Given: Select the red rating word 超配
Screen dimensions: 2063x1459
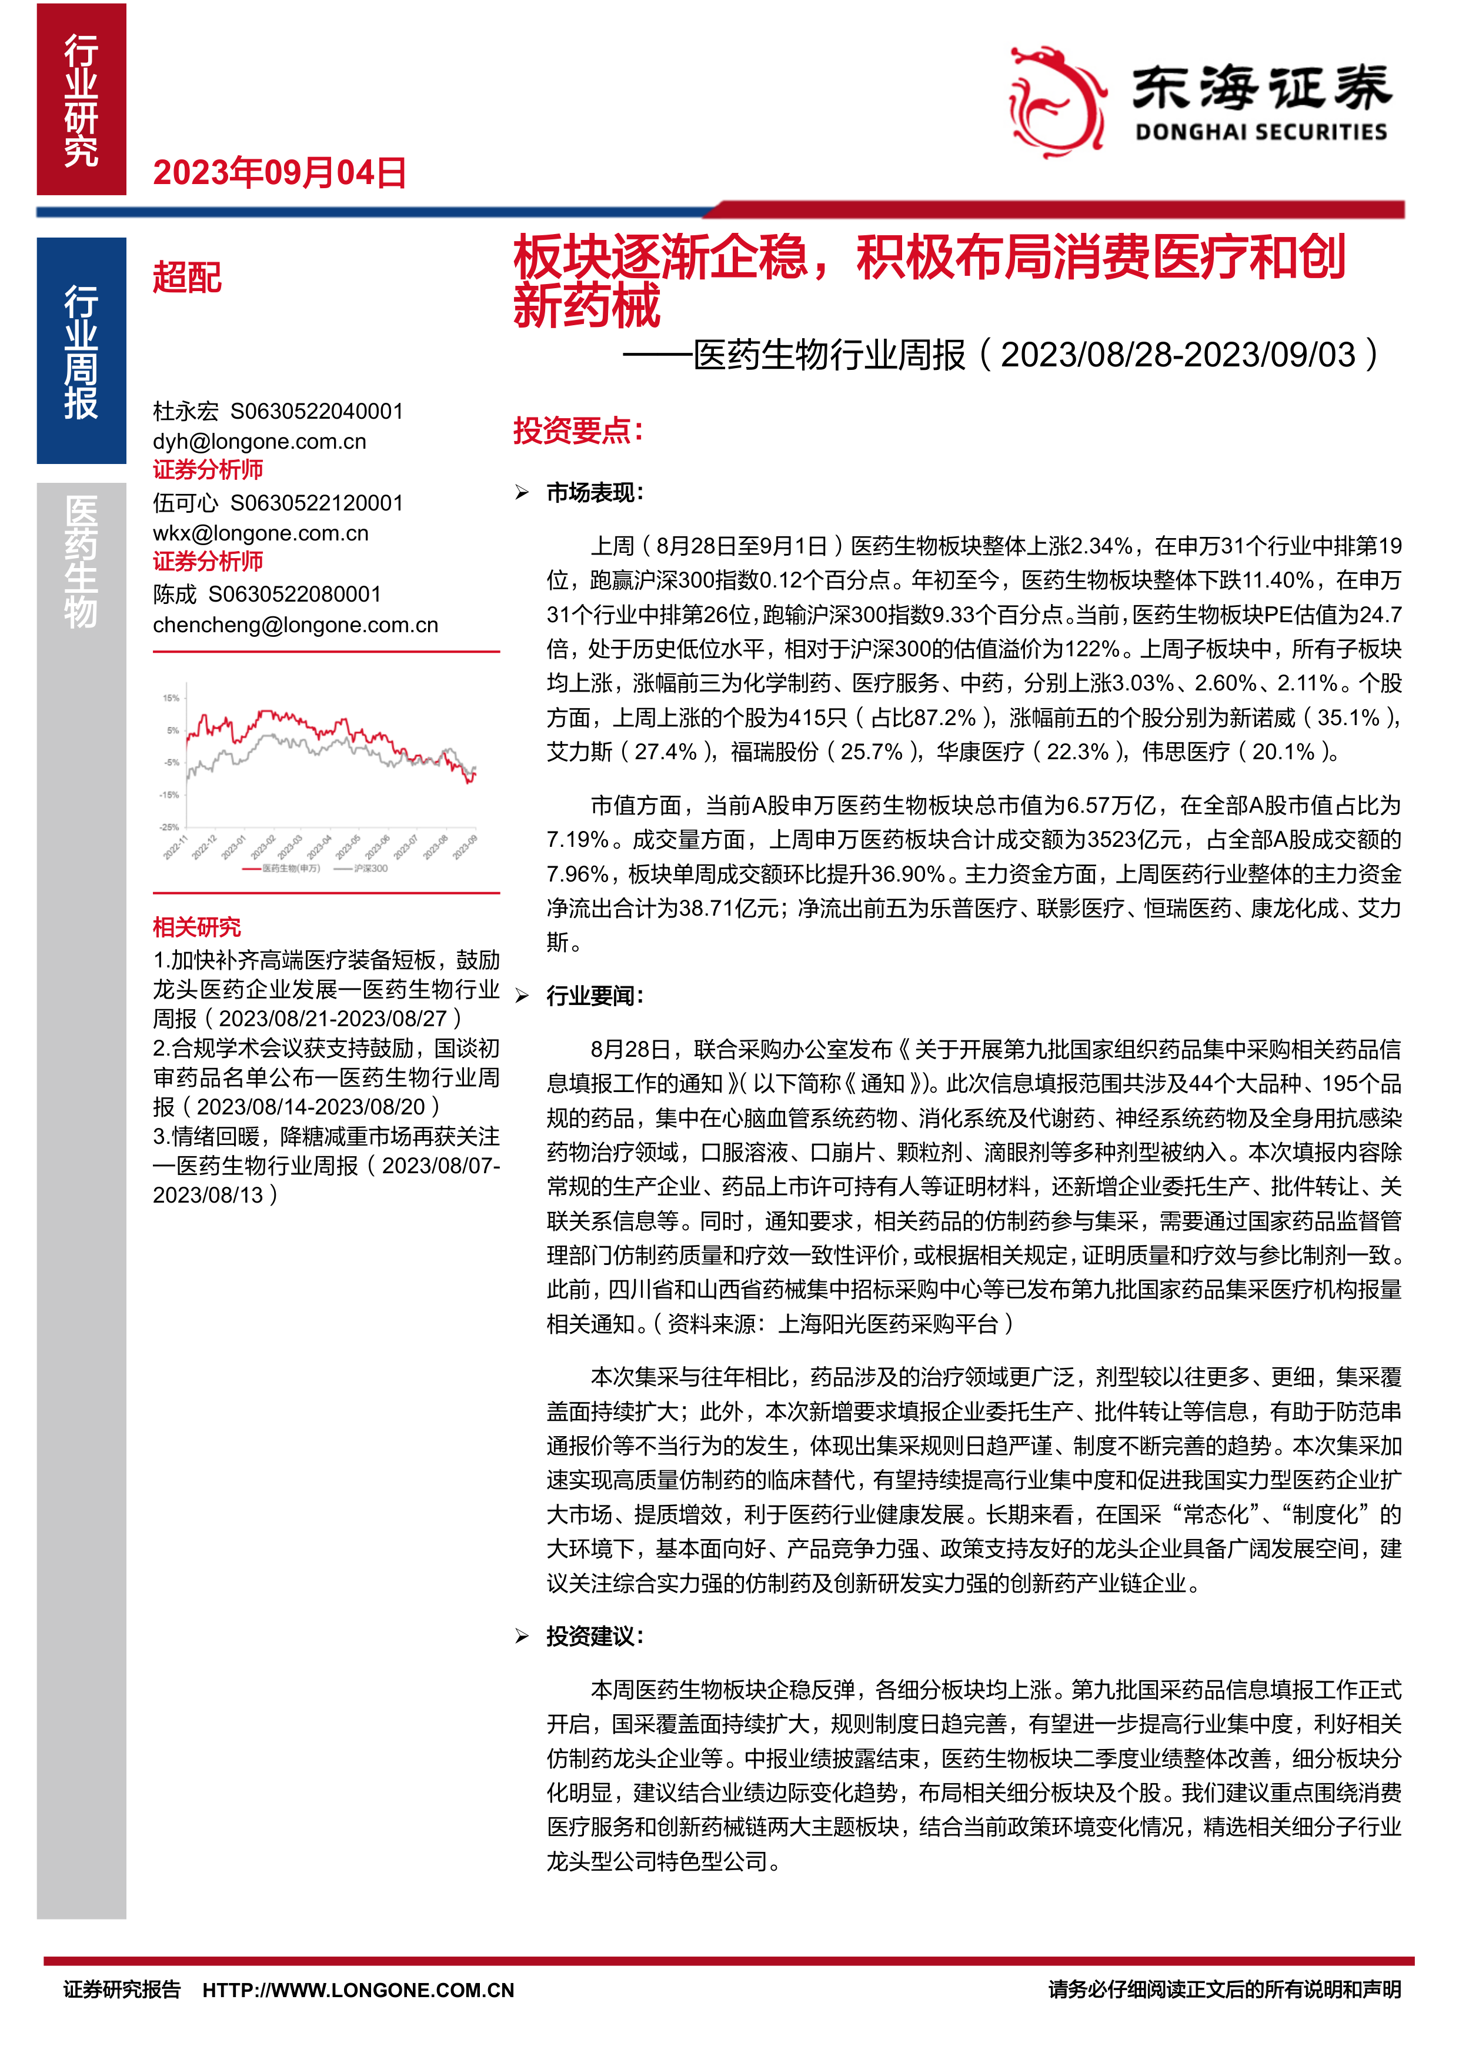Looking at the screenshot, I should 187,278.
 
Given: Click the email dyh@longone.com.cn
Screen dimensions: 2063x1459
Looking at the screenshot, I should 260,441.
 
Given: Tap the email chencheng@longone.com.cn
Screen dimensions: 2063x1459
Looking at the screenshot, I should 296,625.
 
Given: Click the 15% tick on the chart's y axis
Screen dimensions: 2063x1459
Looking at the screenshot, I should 171,698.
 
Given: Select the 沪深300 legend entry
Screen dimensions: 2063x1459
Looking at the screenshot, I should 362,868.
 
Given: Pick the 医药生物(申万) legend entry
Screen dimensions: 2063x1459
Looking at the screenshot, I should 282,868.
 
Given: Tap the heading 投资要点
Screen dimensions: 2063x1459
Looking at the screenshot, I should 577,430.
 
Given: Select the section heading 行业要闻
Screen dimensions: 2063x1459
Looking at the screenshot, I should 595,996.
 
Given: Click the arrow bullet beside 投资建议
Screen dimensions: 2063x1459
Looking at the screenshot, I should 522,1636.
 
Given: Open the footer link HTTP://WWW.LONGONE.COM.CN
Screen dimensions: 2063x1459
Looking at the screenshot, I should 359,1990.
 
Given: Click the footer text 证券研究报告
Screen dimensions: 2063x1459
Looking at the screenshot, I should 122,1990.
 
